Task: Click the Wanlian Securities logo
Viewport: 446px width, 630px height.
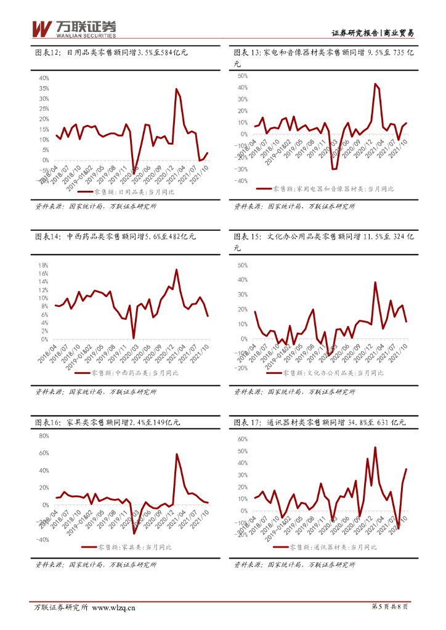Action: point(73,28)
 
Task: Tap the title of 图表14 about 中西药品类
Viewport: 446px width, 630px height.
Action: point(115,236)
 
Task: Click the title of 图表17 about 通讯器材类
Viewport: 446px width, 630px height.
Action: point(320,423)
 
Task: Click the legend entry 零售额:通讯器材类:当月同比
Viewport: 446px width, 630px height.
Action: point(336,547)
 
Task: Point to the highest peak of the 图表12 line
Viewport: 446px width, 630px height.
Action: point(176,89)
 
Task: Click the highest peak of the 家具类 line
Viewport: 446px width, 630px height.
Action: point(177,454)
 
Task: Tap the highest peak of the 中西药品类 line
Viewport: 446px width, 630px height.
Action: point(176,269)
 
